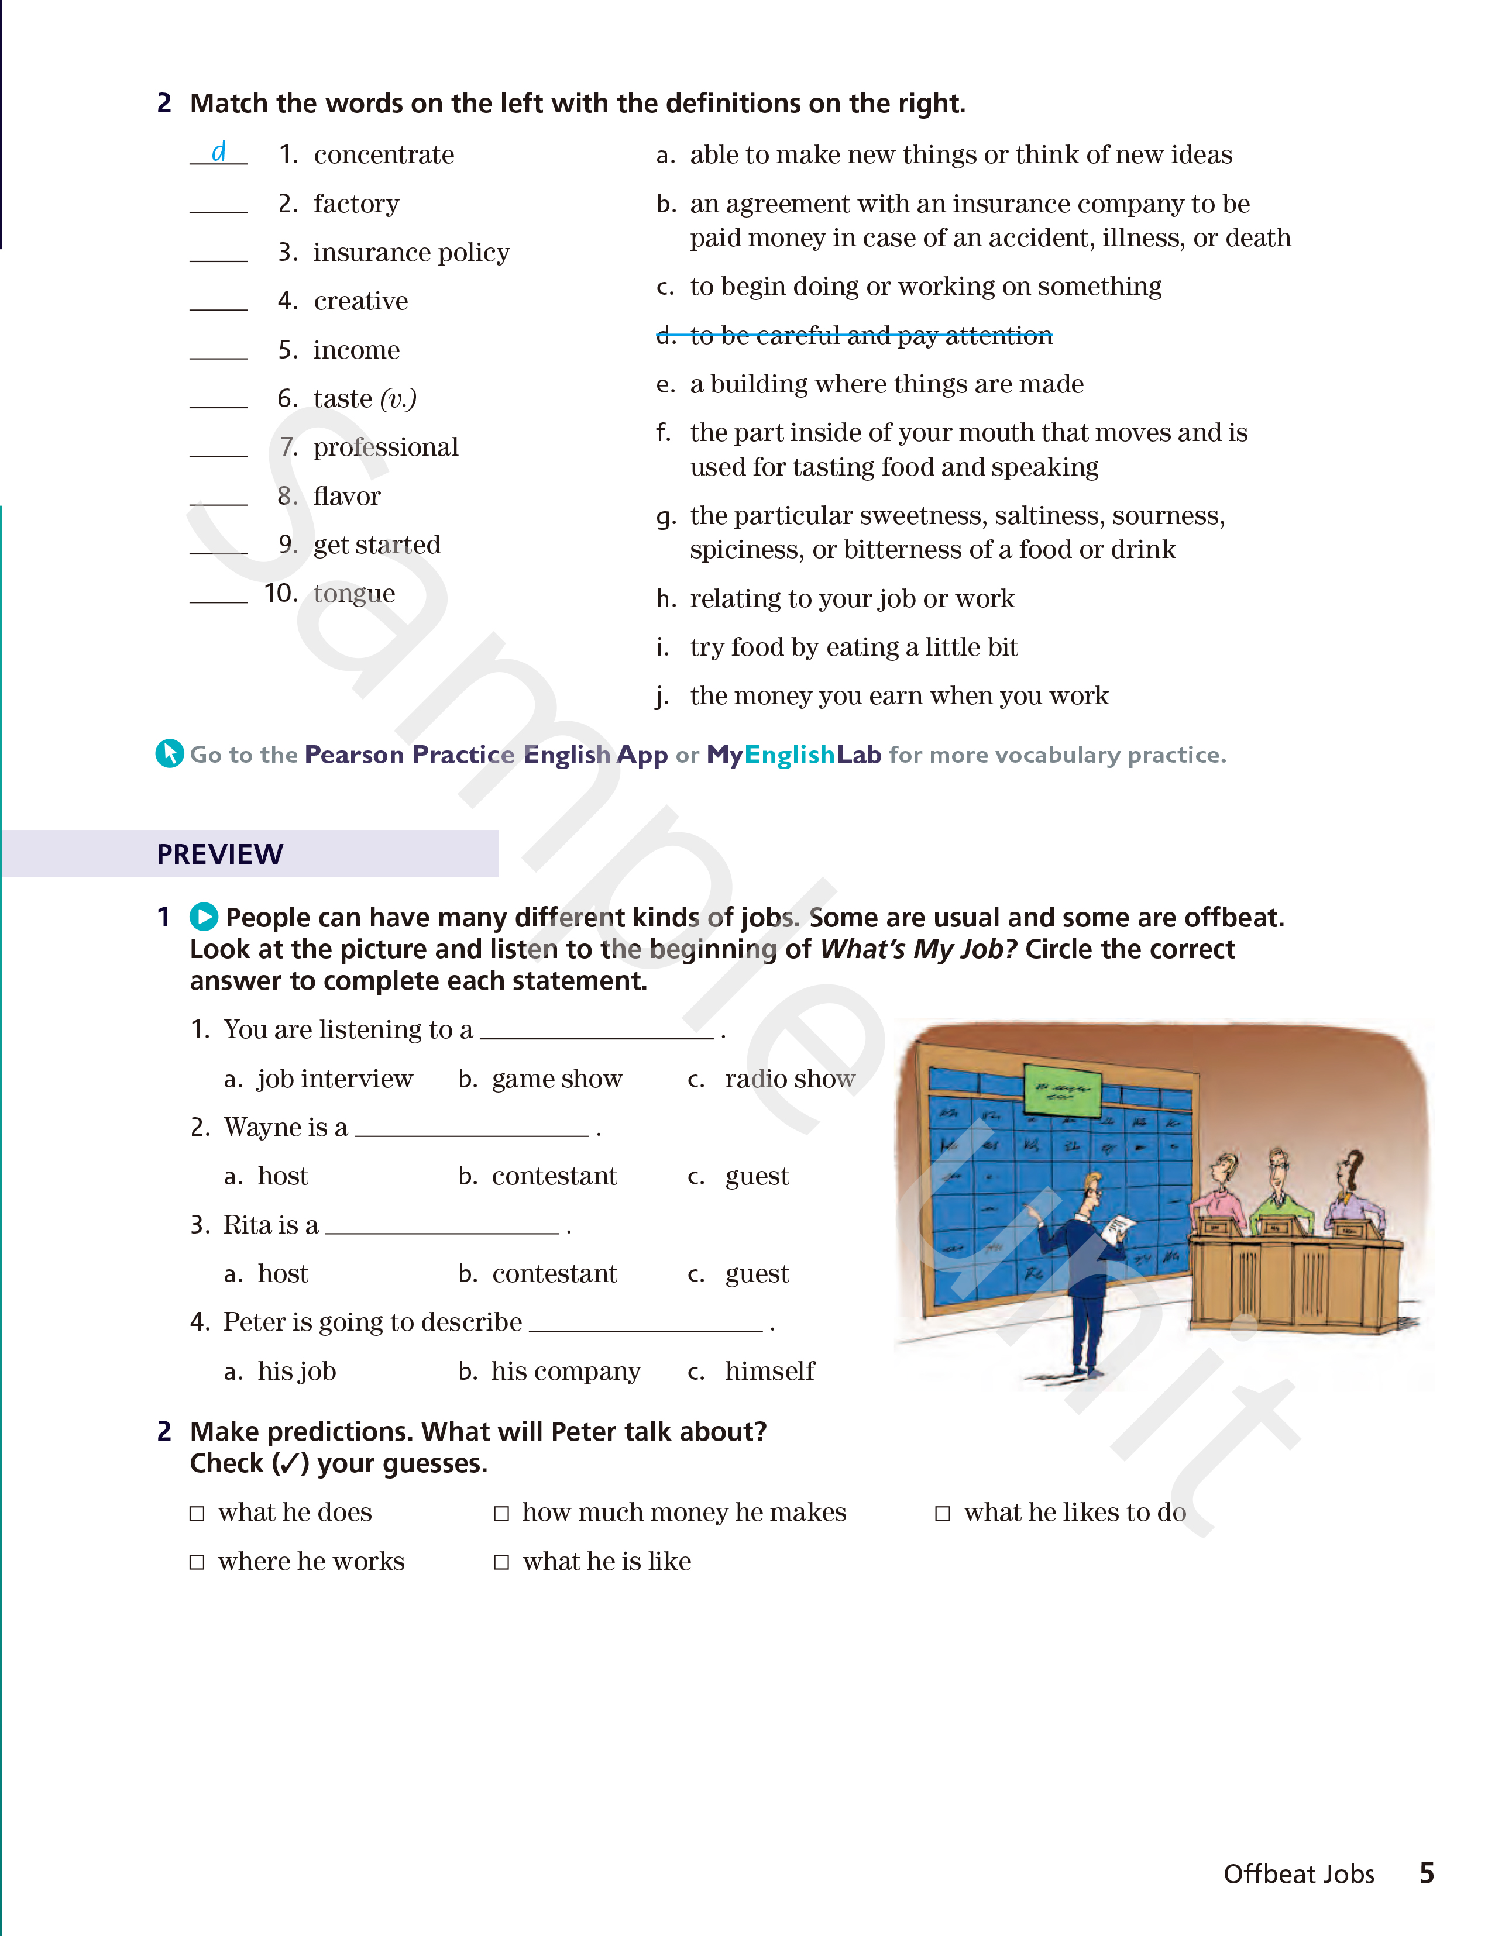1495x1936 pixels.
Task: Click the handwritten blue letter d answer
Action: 218,151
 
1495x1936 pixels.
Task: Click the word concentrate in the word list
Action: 383,155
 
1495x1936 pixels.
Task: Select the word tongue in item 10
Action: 354,593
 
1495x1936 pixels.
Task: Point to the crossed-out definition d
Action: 854,336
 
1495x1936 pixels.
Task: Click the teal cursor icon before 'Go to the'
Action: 169,753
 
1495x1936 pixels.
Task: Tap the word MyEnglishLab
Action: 793,755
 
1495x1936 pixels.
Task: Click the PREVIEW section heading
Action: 220,853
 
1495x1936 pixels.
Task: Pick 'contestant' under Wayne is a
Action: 554,1176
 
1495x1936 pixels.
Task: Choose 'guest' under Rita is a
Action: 757,1274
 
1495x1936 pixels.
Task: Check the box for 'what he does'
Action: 197,1513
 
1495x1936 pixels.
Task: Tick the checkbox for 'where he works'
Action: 197,1562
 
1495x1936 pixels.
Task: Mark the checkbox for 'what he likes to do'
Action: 943,1513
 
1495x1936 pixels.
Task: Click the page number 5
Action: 1426,1873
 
